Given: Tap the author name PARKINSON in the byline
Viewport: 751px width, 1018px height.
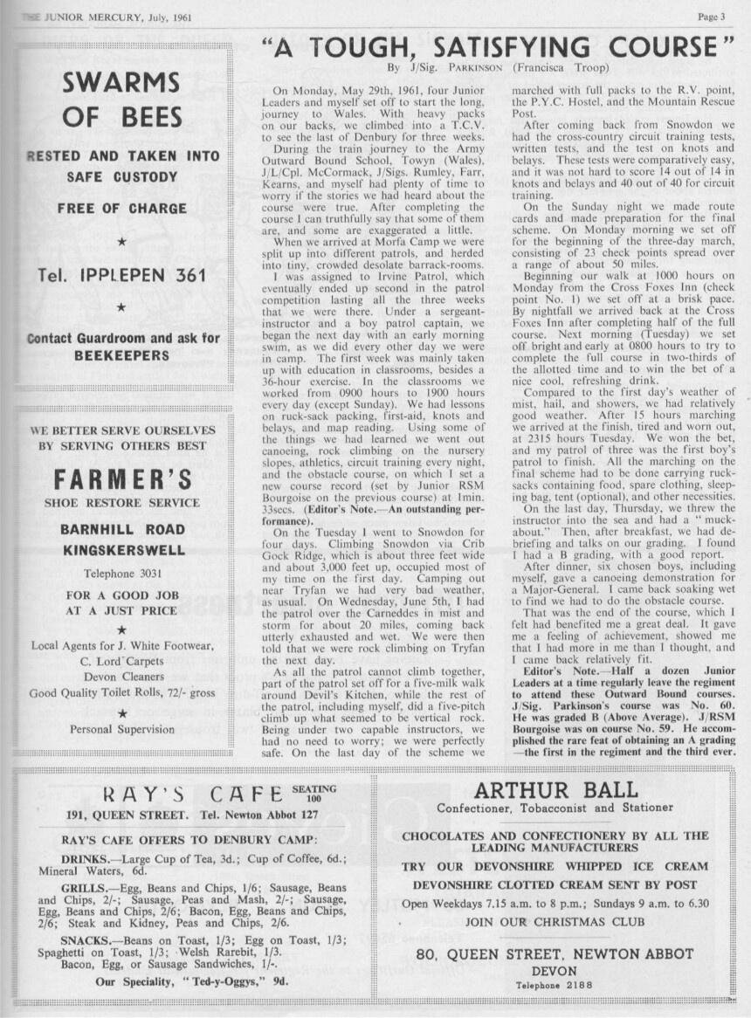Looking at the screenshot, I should tap(476, 66).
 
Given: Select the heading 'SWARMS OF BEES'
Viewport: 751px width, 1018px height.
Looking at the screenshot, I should tap(121, 100).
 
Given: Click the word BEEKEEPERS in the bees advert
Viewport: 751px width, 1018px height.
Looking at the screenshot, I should tap(121, 356).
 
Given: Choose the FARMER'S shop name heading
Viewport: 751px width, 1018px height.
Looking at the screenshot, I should tap(122, 479).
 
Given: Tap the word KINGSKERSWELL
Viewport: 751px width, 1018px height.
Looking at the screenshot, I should tap(122, 550).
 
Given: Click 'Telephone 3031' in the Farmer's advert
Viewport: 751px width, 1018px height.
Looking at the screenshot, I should tap(122, 574).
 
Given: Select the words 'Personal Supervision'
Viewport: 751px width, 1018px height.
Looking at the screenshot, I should tap(122, 728).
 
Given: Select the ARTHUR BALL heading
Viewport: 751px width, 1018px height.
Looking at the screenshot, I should tap(555, 790).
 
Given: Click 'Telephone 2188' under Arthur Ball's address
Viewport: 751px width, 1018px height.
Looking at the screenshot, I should tap(555, 986).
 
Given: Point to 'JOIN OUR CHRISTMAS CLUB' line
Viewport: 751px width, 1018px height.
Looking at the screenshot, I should tap(555, 921).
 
